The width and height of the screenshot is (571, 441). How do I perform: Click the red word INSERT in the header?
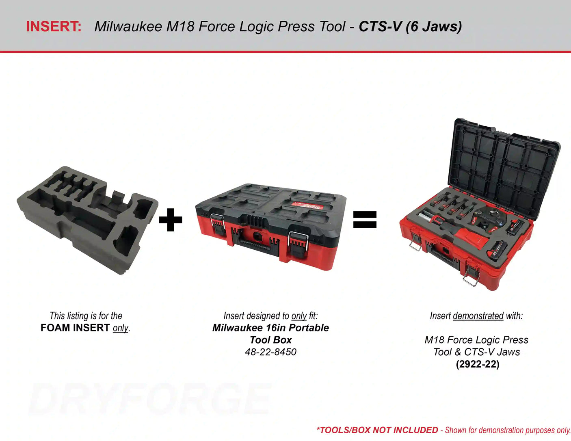coord(53,26)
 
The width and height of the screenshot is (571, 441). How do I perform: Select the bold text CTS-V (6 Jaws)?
coord(410,26)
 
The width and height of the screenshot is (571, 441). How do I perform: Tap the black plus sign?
coord(171,220)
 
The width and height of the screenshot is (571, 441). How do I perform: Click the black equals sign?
coord(365,220)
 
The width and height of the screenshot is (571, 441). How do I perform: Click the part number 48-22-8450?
coord(270,352)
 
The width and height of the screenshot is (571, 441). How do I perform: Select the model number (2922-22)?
coord(478,364)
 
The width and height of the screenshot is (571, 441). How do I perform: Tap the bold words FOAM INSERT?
coord(75,328)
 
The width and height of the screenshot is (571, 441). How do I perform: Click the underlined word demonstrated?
coord(478,316)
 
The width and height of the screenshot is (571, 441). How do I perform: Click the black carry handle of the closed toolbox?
coord(256,245)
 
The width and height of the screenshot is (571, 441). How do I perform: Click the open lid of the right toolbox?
coord(504,166)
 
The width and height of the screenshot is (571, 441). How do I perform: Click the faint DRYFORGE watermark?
coord(150,399)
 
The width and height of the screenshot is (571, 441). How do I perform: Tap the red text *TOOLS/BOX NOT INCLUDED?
coord(377,430)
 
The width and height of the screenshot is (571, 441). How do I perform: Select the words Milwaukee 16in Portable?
coord(270,328)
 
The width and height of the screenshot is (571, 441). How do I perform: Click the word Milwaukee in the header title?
coord(128,26)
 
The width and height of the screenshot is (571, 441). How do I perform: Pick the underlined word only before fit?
coord(299,316)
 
